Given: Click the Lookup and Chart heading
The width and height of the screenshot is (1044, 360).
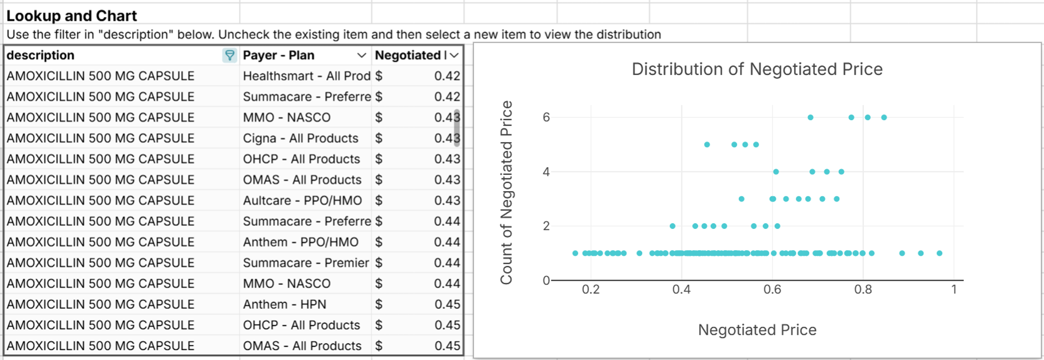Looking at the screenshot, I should (72, 15).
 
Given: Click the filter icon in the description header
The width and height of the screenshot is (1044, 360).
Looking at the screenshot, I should (229, 55).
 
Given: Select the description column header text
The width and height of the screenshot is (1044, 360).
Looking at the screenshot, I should (41, 55).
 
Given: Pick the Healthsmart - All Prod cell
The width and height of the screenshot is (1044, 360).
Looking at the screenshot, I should (306, 76).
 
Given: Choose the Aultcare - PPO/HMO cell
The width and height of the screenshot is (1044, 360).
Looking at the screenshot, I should (302, 200).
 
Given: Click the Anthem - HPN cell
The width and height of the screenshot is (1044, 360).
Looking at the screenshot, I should (284, 304).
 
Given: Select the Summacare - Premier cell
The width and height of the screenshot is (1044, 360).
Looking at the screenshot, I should (306, 263).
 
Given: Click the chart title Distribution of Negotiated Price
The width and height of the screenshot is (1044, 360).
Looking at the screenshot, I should (757, 69).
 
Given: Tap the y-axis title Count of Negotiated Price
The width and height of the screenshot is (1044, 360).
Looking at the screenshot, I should (506, 192).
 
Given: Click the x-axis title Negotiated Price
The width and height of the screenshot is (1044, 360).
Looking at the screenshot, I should (757, 329).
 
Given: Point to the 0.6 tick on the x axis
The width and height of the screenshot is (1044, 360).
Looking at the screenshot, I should (772, 289).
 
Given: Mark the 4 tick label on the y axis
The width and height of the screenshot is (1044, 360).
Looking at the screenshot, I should (546, 172).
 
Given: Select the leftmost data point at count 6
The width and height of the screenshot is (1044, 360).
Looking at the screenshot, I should (810, 118).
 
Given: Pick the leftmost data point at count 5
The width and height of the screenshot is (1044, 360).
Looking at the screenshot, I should (707, 145).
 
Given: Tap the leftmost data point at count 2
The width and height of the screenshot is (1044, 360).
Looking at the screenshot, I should (672, 226).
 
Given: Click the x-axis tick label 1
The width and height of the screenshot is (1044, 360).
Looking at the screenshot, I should (954, 289).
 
